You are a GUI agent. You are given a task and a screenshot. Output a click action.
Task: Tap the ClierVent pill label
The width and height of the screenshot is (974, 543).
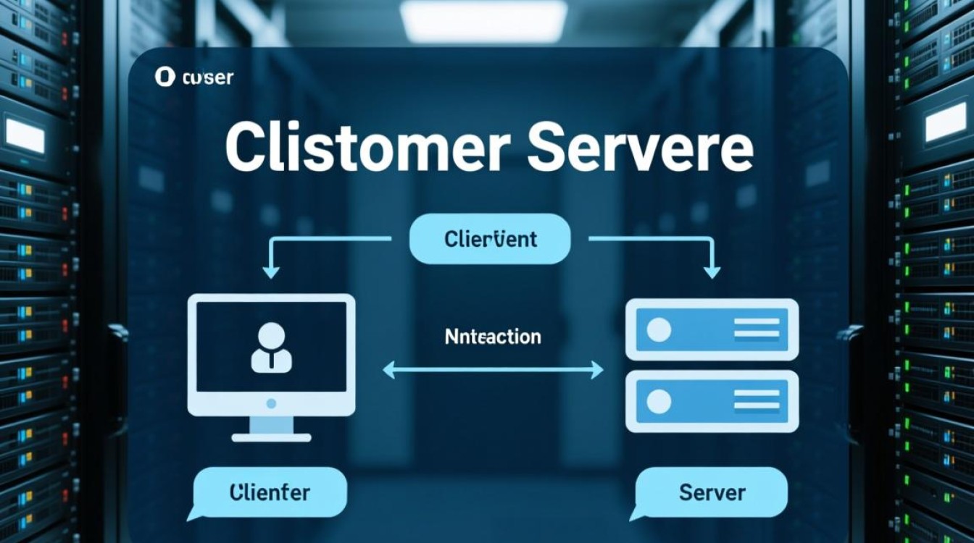491,239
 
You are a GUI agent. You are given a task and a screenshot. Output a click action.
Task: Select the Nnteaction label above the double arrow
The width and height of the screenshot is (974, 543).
492,337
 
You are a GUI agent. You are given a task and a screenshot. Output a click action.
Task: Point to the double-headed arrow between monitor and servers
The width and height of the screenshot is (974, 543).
492,371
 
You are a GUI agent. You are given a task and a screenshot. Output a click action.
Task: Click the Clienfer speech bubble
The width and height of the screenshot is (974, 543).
270,493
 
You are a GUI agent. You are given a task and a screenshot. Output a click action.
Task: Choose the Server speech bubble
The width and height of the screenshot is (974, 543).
711,493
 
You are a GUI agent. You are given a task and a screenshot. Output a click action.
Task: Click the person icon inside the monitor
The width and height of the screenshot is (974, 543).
271,348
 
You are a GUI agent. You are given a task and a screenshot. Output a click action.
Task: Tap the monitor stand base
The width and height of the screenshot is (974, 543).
271,437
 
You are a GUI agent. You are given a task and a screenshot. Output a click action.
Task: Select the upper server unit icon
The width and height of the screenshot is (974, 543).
712,329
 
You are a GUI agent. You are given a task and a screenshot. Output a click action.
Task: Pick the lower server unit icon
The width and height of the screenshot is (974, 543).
712,401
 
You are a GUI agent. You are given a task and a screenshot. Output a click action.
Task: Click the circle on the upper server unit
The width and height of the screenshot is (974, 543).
658,330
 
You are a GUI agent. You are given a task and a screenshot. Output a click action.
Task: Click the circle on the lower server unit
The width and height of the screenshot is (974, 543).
658,400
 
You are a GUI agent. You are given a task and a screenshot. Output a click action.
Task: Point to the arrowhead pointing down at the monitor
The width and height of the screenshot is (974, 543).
271,272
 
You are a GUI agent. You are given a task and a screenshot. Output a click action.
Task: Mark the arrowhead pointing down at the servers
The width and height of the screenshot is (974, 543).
713,272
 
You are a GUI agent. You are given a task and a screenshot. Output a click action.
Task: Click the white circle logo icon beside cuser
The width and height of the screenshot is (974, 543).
166,77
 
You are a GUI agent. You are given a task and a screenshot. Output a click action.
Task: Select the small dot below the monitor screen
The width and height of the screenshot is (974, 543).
271,403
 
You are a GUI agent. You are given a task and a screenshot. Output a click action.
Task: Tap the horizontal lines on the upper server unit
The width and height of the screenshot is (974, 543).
756,329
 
